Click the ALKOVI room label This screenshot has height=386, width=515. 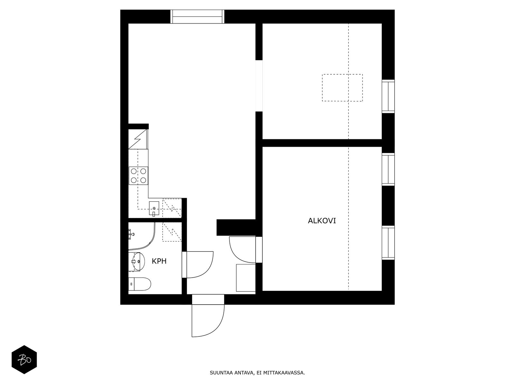pyautogui.click(x=322, y=221)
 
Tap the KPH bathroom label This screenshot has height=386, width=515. pyautogui.click(x=159, y=261)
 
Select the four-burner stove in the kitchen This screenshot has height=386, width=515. pyautogui.click(x=138, y=176)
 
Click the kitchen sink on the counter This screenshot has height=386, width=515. pyautogui.click(x=154, y=208)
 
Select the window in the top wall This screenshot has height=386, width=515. pyautogui.click(x=197, y=17)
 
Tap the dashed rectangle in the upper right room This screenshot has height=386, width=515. pyautogui.click(x=342, y=87)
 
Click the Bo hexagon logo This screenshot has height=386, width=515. pyautogui.click(x=24, y=359)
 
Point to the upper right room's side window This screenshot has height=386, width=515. pyautogui.click(x=388, y=96)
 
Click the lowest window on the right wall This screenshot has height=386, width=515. pyautogui.click(x=388, y=243)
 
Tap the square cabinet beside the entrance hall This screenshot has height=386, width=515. pyautogui.click(x=246, y=278)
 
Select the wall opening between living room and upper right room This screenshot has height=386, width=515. pyautogui.click(x=259, y=86)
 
